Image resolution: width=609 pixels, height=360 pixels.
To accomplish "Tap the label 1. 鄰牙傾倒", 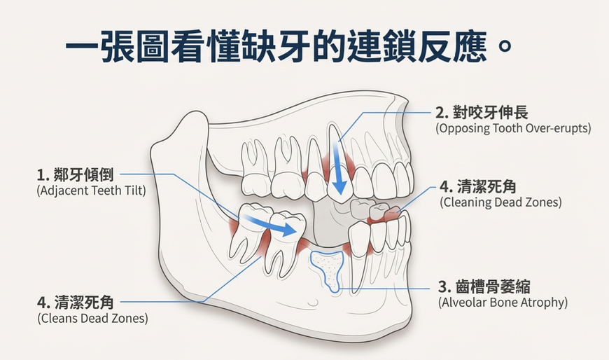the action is tap(75, 175).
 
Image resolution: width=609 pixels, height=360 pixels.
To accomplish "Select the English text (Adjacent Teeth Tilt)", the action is tap(91, 191).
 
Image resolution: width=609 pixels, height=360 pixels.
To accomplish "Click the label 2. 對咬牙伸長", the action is tap(482, 113).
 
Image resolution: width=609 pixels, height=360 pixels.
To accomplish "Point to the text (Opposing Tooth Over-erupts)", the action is tap(513, 128).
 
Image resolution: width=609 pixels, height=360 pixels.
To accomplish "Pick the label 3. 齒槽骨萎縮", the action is tap(484, 287).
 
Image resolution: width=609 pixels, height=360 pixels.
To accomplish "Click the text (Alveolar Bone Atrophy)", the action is tap(503, 302).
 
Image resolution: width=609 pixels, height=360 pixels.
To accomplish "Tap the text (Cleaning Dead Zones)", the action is tap(500, 202).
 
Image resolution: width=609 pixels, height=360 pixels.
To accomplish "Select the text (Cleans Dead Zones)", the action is tap(92, 319).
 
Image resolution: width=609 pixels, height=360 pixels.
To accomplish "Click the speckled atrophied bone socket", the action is tap(328, 269).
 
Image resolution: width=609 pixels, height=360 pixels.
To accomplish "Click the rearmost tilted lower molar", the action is tap(247, 233).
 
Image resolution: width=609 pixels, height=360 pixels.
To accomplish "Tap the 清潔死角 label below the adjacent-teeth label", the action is tap(76, 303).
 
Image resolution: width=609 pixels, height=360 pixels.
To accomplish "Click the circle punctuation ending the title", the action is tap(504, 46).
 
